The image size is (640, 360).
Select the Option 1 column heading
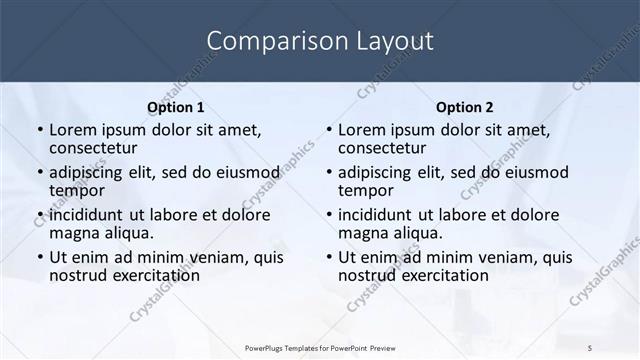click(175, 107)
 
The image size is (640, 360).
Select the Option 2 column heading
click(464, 107)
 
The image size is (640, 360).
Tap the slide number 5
click(591, 347)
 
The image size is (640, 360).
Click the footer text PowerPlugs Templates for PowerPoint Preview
click(320, 347)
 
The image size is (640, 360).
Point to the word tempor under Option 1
click(77, 190)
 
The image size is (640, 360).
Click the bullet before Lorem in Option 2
click(327, 131)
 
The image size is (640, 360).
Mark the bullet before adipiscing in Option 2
click(327, 173)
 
